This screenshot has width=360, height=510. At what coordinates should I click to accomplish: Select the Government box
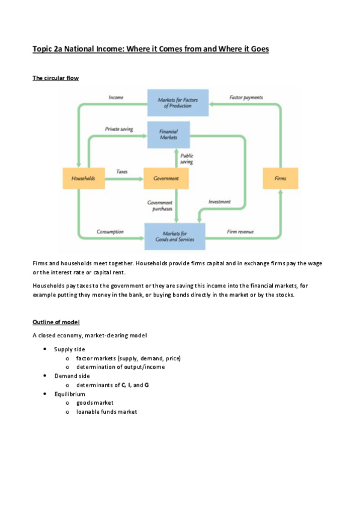click(162, 179)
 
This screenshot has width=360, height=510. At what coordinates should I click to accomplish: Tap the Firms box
click(280, 179)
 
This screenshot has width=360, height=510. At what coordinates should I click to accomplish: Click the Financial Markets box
click(168, 134)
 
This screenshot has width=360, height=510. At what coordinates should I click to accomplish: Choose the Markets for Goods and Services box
click(174, 236)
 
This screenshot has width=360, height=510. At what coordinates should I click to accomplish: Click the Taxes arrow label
click(121, 172)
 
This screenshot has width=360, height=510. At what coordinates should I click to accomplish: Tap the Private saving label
click(119, 129)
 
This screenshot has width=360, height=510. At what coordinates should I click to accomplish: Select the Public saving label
click(186, 159)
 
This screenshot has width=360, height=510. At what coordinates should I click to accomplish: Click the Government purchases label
click(160, 206)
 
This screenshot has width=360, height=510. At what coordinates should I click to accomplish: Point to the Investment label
click(219, 202)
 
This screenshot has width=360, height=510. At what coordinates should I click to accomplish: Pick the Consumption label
click(110, 232)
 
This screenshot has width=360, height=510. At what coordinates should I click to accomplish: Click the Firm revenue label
click(240, 232)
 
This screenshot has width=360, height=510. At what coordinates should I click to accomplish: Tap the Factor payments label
click(246, 97)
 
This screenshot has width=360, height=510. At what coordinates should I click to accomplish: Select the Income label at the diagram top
click(116, 97)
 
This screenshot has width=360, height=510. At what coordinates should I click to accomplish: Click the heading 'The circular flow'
click(55, 78)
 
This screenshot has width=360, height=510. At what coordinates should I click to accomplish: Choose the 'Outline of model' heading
click(60, 322)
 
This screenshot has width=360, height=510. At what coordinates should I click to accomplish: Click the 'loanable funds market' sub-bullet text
click(106, 412)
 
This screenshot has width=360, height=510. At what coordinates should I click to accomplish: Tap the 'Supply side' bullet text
click(69, 349)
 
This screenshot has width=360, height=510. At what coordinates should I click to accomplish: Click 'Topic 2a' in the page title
click(47, 48)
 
